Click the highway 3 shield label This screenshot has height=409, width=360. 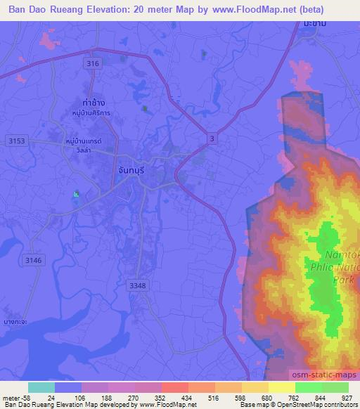point(212,140)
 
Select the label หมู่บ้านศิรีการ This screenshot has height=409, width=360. point(91,113)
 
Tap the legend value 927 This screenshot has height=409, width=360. point(347,397)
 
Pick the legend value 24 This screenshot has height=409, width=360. point(51,397)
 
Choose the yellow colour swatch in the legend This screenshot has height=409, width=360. point(281,387)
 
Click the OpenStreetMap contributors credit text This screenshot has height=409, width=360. point(319,405)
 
